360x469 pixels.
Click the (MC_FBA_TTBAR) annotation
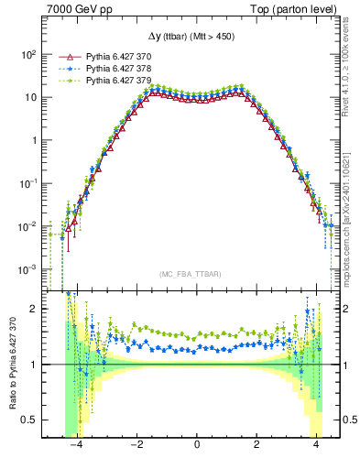point(190,274)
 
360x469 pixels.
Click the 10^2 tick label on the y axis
point(27,55)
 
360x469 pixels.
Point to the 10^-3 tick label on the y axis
point(27,269)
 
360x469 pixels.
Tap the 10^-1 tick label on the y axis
point(27,183)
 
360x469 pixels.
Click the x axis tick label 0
point(197,445)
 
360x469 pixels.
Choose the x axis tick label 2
point(256,445)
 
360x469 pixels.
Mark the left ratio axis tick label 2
point(33,309)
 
